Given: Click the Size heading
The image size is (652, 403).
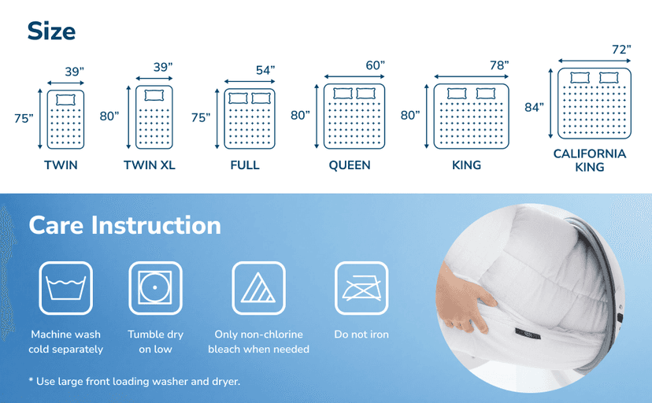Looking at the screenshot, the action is tap(51, 31).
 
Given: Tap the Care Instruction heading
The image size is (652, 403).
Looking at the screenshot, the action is tap(124, 225).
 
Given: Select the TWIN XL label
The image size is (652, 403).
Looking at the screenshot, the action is tap(150, 165).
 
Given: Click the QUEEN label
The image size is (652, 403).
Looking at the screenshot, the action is tap(350, 165).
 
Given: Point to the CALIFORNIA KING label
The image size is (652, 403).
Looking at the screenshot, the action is tap(590, 160).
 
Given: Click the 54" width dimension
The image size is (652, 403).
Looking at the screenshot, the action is tap(265, 70).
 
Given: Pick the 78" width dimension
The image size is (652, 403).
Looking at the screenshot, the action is tap(499, 65).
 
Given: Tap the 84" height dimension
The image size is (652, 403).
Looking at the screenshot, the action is tap(534, 107).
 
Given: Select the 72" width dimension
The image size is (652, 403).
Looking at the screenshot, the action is tap(621, 50).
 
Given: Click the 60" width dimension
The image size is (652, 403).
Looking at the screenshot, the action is tap(375, 65).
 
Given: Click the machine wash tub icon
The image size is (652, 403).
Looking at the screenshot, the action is tap(65, 288).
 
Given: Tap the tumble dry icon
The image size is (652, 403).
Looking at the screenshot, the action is tap(155, 288).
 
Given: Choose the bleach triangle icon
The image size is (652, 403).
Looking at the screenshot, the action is tap(258, 288).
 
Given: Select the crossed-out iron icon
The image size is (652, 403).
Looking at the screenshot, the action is tap(361, 288).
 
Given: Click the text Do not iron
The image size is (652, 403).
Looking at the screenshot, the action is tap(361, 335).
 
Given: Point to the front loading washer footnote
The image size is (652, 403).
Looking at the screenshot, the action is tap(135, 382).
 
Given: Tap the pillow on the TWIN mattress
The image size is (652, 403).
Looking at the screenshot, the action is tap(65, 100).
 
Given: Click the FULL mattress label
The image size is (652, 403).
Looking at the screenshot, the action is tap(245, 165).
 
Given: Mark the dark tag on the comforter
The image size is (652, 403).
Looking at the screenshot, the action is tap(528, 333).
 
